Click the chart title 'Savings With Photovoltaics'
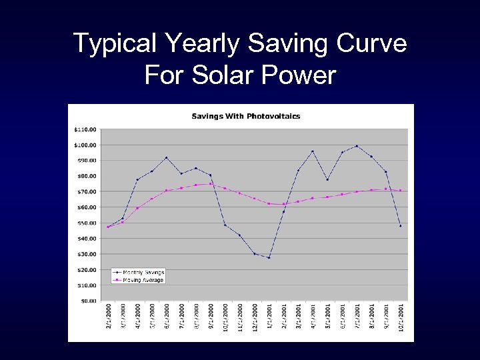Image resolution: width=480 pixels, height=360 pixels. pos(246,116)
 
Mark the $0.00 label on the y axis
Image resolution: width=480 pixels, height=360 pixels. pos(88,301)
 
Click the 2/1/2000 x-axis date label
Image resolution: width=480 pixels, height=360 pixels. pos(109,316)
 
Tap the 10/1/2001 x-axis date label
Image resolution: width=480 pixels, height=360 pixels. pos(401,316)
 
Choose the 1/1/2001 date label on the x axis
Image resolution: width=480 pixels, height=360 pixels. pos(269,316)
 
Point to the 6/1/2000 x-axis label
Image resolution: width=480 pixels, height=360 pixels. pos(167,316)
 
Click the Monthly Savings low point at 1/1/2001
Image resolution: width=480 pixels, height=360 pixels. pos(269,257)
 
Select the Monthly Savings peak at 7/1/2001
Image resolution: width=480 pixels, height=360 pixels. pos(357,146)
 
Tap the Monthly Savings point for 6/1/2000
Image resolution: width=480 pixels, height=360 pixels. pos(167,157)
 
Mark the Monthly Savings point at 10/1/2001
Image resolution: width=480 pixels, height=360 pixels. pos(401,226)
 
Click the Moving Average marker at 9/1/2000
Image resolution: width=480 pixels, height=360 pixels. pos(211,184)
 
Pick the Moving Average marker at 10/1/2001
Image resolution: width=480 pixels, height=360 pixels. pos(401,191)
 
